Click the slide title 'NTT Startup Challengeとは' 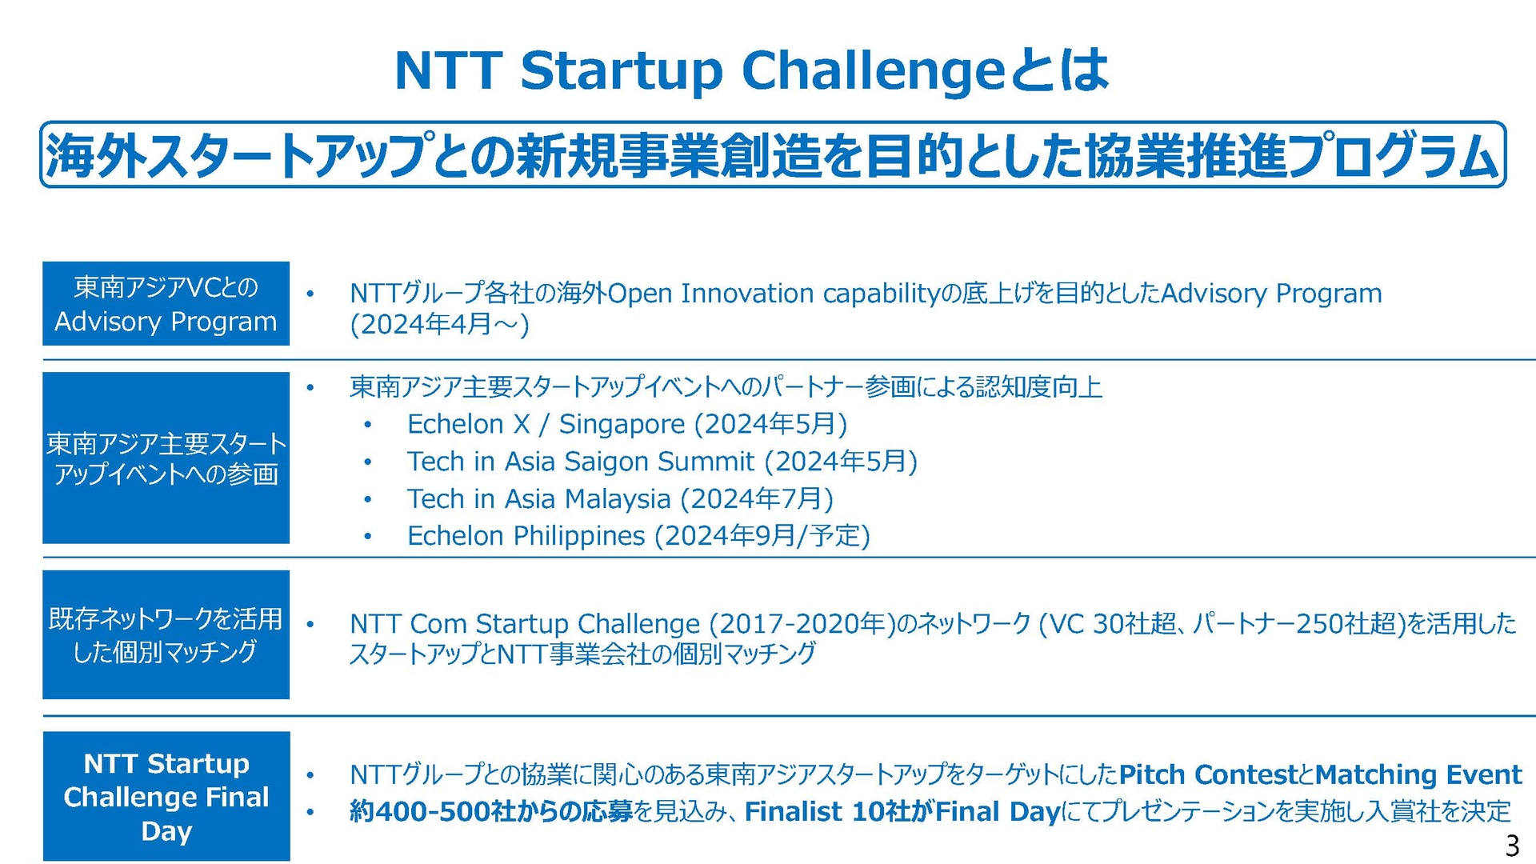[751, 70]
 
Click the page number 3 [1512, 846]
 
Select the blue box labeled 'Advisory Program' [166, 303]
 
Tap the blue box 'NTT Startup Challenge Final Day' [166, 796]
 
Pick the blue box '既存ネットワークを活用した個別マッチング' [166, 634]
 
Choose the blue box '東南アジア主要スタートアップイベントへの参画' [166, 458]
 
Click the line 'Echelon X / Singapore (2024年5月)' [626, 424]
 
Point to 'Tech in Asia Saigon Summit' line [581, 462]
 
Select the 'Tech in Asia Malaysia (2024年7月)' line [620, 499]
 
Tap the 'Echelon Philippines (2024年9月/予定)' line [638, 536]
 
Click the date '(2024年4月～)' [440, 325]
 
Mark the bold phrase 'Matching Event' [1418, 774]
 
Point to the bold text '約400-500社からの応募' [491, 811]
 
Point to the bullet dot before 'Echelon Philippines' [367, 537]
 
